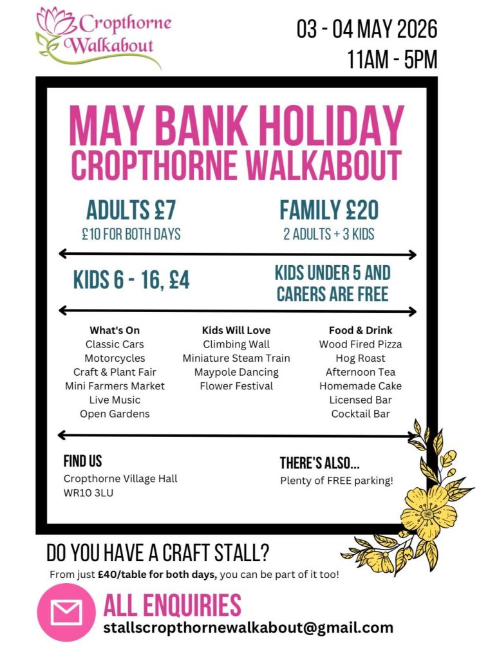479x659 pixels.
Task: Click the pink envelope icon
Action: tap(66, 612)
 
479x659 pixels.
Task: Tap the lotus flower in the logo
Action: tap(57, 23)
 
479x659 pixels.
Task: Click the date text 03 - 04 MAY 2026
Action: tap(366, 30)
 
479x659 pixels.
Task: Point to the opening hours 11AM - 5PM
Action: tap(392, 60)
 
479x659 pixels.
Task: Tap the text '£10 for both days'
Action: tap(131, 234)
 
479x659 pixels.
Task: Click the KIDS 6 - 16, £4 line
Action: tap(131, 280)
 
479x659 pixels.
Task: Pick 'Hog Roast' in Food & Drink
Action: tap(361, 358)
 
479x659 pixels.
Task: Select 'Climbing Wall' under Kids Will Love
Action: tap(236, 344)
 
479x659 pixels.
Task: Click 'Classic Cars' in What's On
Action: tap(115, 344)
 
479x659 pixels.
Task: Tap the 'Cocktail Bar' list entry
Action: tap(361, 414)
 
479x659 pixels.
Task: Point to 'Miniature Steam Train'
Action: tap(236, 358)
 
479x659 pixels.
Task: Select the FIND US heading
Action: tap(82, 461)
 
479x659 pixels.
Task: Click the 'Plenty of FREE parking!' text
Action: tap(336, 480)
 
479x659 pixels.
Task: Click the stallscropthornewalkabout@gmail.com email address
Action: tap(248, 627)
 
